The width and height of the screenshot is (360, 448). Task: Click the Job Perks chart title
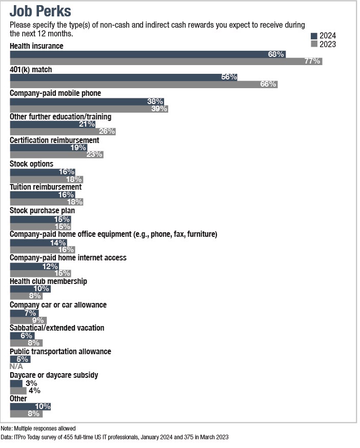41,11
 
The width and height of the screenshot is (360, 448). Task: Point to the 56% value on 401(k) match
229,77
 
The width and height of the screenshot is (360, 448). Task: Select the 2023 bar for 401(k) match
144,84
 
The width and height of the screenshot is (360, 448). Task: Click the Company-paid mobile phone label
55,93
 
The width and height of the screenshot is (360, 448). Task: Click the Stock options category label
31,164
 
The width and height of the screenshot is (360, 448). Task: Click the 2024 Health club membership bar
30,289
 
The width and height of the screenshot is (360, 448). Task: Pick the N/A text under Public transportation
16,367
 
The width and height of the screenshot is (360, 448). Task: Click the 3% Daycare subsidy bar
16,383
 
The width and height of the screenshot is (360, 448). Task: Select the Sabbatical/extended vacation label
57,328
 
